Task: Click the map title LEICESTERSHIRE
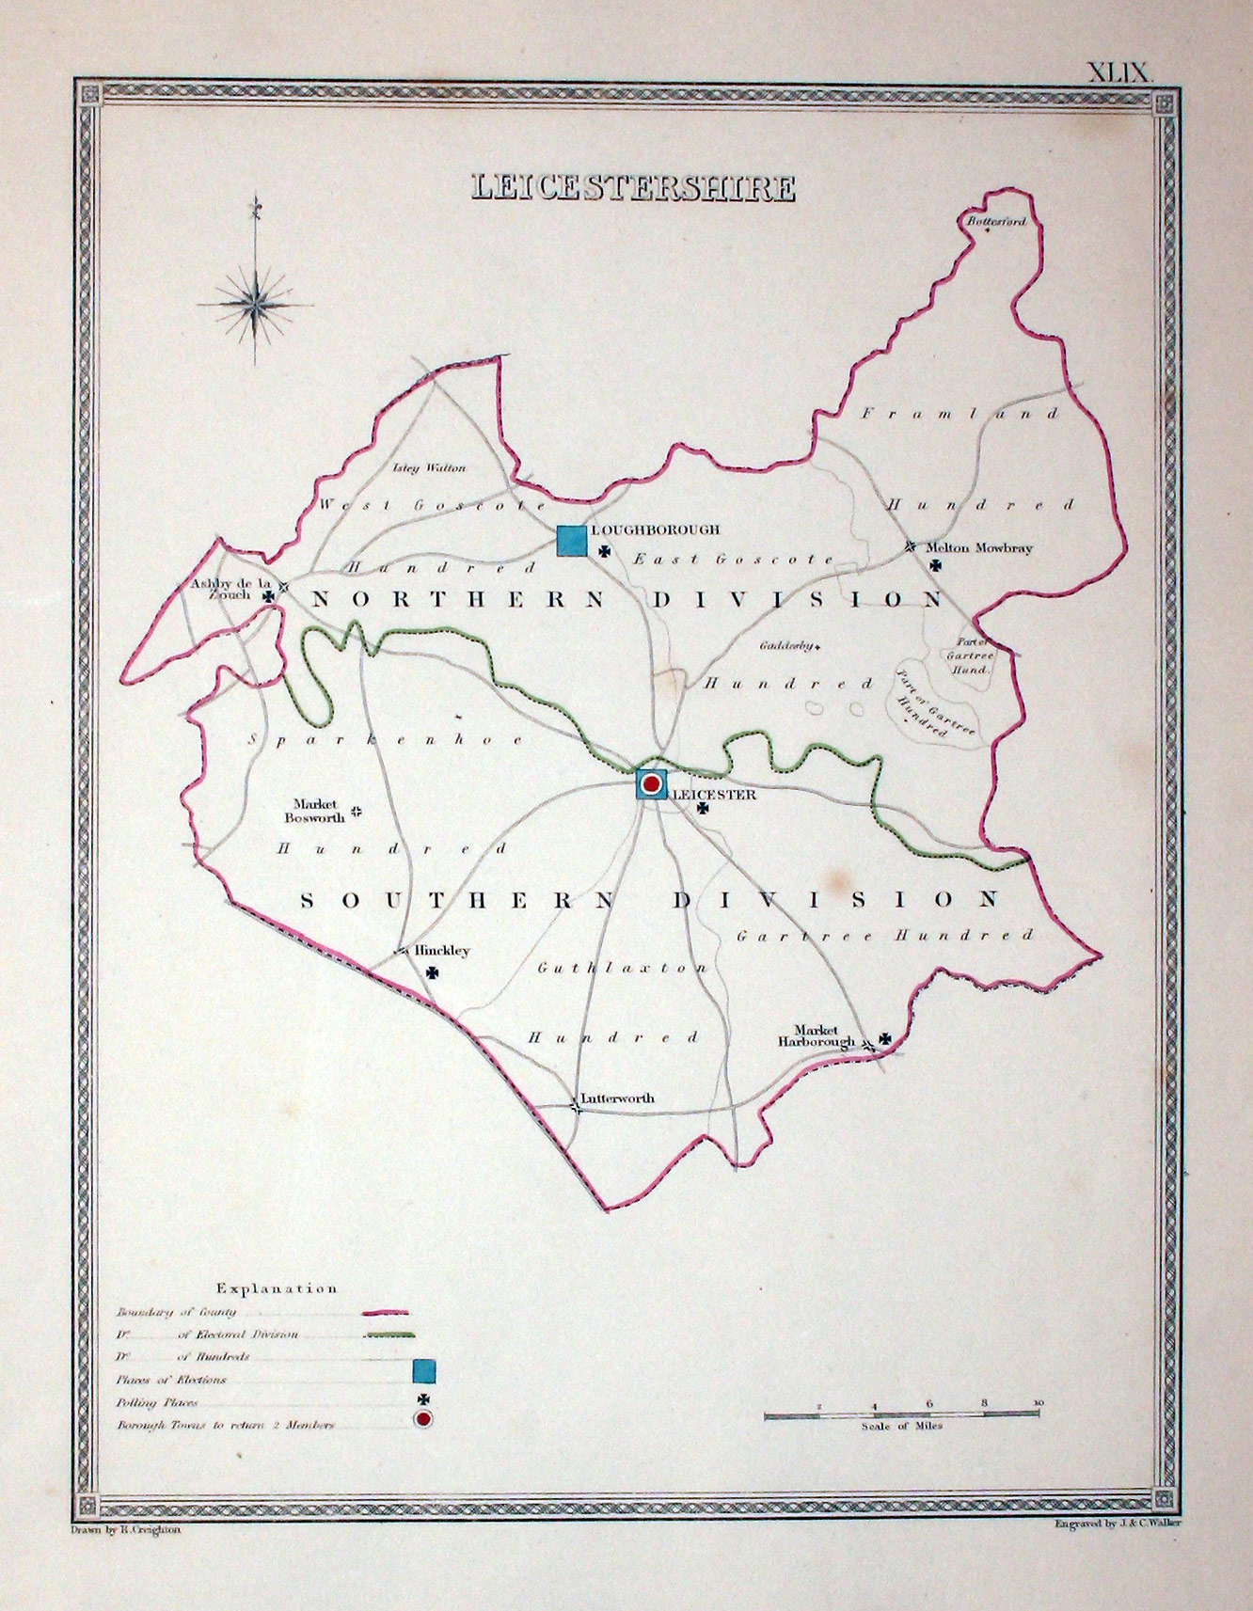pos(633,187)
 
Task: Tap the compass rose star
pos(256,303)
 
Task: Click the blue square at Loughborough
pos(571,541)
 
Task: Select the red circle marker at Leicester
pos(651,782)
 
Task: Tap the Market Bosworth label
pos(315,811)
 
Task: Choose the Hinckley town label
pos(442,951)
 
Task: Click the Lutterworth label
pos(617,1098)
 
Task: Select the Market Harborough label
pos(816,1035)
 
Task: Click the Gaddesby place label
pos(786,646)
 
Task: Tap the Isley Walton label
pos(429,467)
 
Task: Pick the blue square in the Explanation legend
pos(423,1371)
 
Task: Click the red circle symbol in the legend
pos(423,1418)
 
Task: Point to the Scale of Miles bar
pos(901,1414)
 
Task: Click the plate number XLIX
pos(1118,72)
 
